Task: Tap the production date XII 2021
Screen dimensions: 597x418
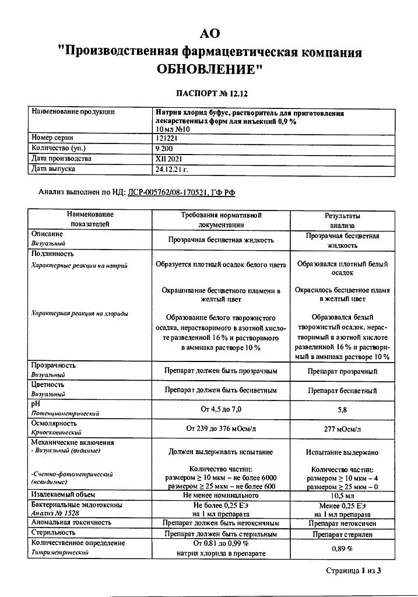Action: [x=167, y=159]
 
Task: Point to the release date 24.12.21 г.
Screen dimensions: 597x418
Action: [x=173, y=169]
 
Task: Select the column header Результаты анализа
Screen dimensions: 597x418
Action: [x=342, y=220]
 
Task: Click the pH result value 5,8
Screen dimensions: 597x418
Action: [x=342, y=409]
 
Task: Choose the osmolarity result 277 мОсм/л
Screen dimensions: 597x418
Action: [x=342, y=429]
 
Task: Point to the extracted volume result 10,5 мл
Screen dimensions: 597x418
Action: [x=342, y=495]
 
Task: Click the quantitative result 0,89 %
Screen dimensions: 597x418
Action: [x=342, y=549]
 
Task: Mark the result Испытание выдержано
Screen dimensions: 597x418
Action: [x=342, y=452]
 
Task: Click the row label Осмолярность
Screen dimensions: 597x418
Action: [x=54, y=423]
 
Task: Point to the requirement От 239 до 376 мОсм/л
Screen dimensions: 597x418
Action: [x=221, y=429]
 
